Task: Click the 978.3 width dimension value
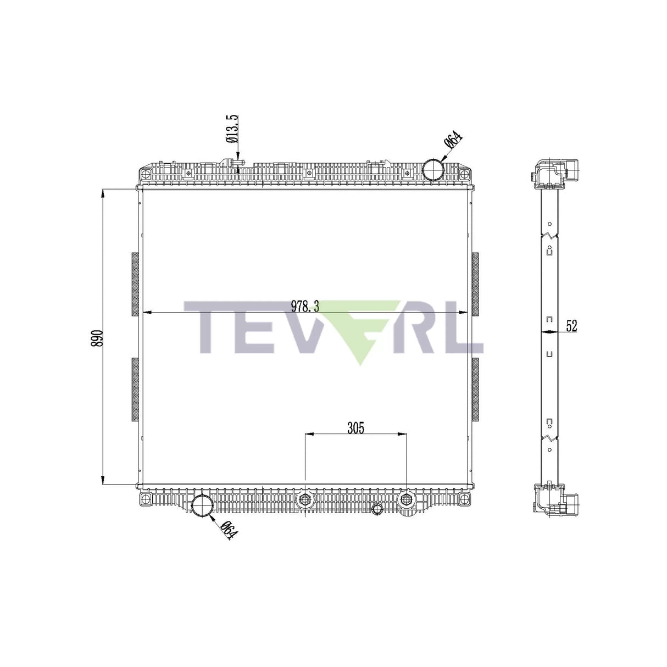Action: pos(304,307)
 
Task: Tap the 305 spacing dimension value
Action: pos(355,428)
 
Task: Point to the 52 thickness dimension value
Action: pos(571,326)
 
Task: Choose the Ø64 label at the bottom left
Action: pos(229,531)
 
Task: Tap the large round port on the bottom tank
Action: pos(202,505)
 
